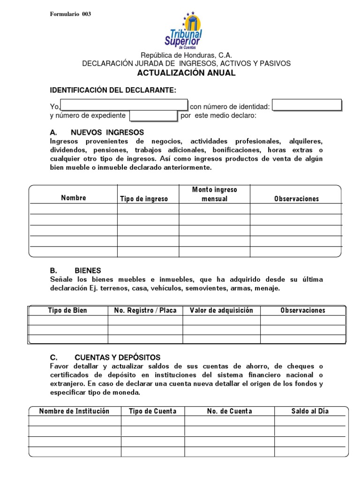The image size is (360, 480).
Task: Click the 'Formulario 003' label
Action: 70,14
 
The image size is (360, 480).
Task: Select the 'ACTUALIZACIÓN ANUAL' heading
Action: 186,73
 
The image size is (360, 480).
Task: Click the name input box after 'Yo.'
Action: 124,105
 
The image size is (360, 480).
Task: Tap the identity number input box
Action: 307,105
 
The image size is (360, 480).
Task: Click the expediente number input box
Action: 153,116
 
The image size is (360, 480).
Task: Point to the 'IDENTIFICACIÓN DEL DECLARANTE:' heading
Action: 113,90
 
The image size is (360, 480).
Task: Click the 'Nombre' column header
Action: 74,198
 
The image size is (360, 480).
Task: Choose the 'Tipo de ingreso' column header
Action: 144,199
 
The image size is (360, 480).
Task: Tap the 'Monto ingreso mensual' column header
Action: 214,194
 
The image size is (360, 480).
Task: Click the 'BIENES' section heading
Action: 88,270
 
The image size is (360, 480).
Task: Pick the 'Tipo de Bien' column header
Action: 67,310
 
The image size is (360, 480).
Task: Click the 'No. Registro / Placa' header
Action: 145,310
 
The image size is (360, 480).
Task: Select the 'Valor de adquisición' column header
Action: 221,310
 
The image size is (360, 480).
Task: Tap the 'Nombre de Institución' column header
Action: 74,411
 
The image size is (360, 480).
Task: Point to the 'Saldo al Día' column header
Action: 310,411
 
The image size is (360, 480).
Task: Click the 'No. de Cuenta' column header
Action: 229,411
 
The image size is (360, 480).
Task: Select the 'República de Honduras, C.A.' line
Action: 186,55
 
